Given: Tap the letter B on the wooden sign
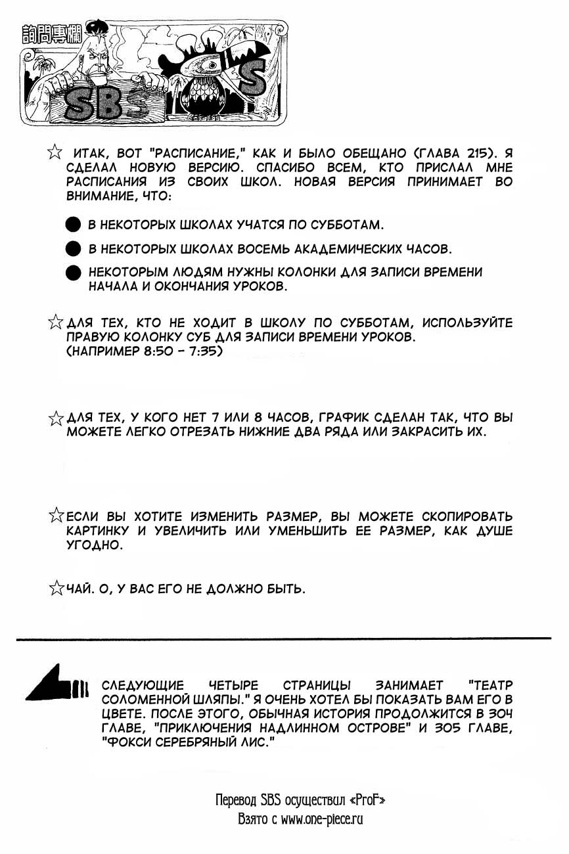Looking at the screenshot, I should [107, 102].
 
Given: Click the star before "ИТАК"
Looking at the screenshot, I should [56, 152].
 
